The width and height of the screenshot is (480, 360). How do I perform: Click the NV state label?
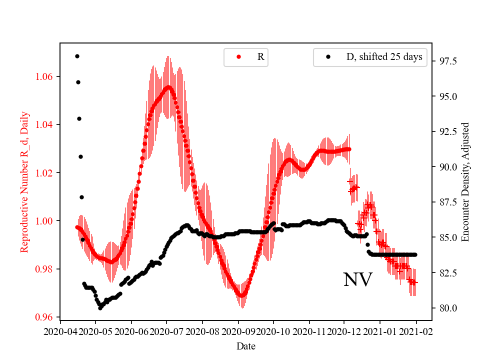(357, 280)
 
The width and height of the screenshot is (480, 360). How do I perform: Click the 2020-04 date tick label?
(60, 331)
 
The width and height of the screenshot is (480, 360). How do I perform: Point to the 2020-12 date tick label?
(344, 331)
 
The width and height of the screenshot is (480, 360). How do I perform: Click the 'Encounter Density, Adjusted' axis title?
(465, 181)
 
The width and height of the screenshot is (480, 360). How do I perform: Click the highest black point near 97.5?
(77, 56)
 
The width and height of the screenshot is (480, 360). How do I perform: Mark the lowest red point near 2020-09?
(241, 295)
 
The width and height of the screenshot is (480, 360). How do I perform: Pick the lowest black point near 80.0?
(100, 308)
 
